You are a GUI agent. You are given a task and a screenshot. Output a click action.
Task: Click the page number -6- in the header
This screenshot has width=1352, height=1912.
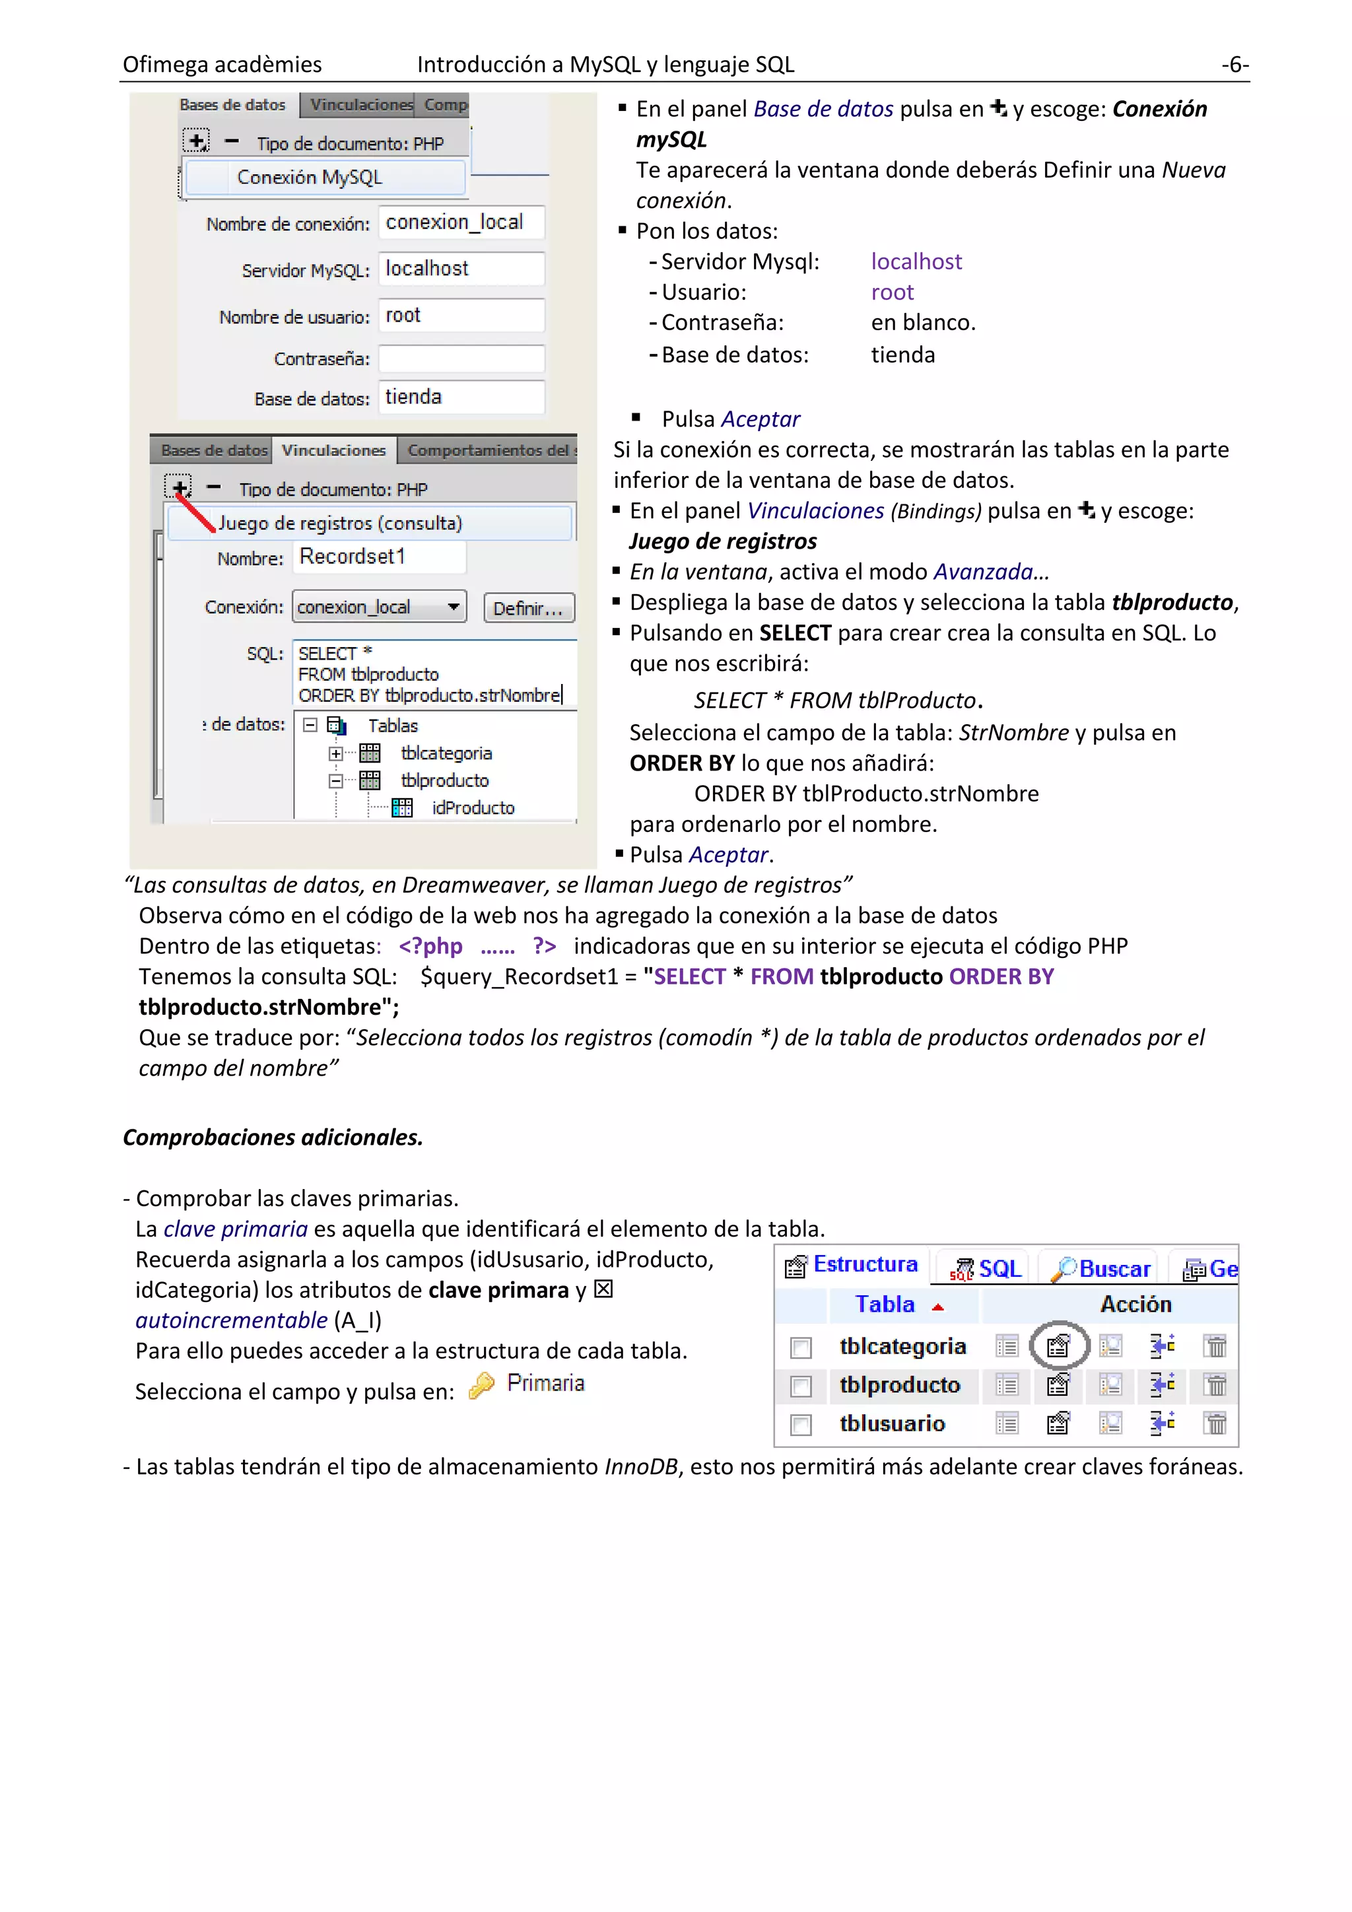(x=1234, y=64)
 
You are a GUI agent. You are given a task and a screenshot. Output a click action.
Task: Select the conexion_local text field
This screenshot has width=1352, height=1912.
(x=461, y=222)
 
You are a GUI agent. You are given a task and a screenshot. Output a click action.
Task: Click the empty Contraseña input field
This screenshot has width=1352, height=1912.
(x=461, y=359)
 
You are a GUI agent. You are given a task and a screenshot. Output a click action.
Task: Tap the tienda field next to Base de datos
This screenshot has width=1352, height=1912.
(x=461, y=397)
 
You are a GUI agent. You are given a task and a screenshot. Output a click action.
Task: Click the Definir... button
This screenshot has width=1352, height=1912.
(x=529, y=608)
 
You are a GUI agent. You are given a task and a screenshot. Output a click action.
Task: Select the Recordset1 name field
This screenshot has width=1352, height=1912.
(x=379, y=557)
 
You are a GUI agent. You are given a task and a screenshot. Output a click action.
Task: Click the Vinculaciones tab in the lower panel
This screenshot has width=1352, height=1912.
(x=334, y=450)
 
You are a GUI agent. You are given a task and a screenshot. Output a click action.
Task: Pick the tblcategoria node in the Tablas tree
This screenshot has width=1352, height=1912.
(x=446, y=753)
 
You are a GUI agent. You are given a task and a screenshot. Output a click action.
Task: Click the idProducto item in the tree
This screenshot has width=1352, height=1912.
(x=473, y=807)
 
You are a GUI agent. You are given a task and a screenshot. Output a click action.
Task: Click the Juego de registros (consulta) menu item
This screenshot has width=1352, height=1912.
(x=340, y=523)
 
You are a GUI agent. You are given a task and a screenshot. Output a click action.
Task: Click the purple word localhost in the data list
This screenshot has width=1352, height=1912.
(x=916, y=261)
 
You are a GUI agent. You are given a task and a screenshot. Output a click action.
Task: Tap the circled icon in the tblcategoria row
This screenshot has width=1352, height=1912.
(x=1058, y=1346)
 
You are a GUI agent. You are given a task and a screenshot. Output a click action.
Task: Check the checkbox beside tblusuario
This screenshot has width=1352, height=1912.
(x=801, y=1425)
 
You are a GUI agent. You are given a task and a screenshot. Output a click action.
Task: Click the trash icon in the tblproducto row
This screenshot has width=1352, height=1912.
(x=1215, y=1386)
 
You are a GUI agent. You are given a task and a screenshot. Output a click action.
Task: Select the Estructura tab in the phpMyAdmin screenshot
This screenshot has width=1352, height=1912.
(x=852, y=1265)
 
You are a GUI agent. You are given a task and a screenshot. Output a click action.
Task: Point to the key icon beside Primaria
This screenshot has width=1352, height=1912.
(x=481, y=1385)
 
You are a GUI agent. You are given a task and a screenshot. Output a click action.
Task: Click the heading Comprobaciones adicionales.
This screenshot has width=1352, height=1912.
(x=273, y=1138)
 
